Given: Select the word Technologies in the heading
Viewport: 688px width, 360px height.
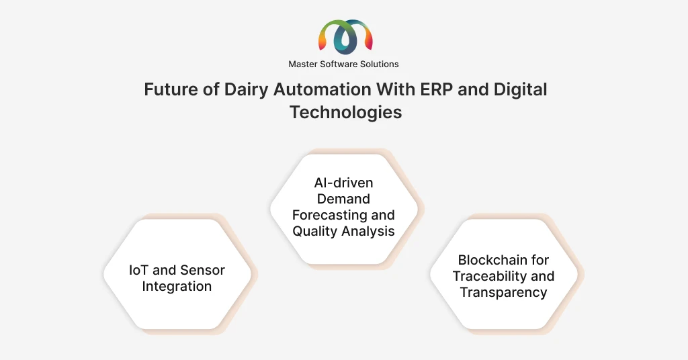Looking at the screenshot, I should coord(345,112).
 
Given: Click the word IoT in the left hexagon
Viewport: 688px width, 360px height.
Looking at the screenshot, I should coord(139,270).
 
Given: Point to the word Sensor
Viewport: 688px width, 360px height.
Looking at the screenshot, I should coord(203,270).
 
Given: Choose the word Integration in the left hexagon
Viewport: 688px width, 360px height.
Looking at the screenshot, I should coord(177,287).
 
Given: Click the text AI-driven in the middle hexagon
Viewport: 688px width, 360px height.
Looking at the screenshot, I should coord(343,183).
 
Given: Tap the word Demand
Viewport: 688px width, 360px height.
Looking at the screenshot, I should coord(343,199).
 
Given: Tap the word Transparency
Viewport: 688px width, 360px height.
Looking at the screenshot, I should coord(503,292).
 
